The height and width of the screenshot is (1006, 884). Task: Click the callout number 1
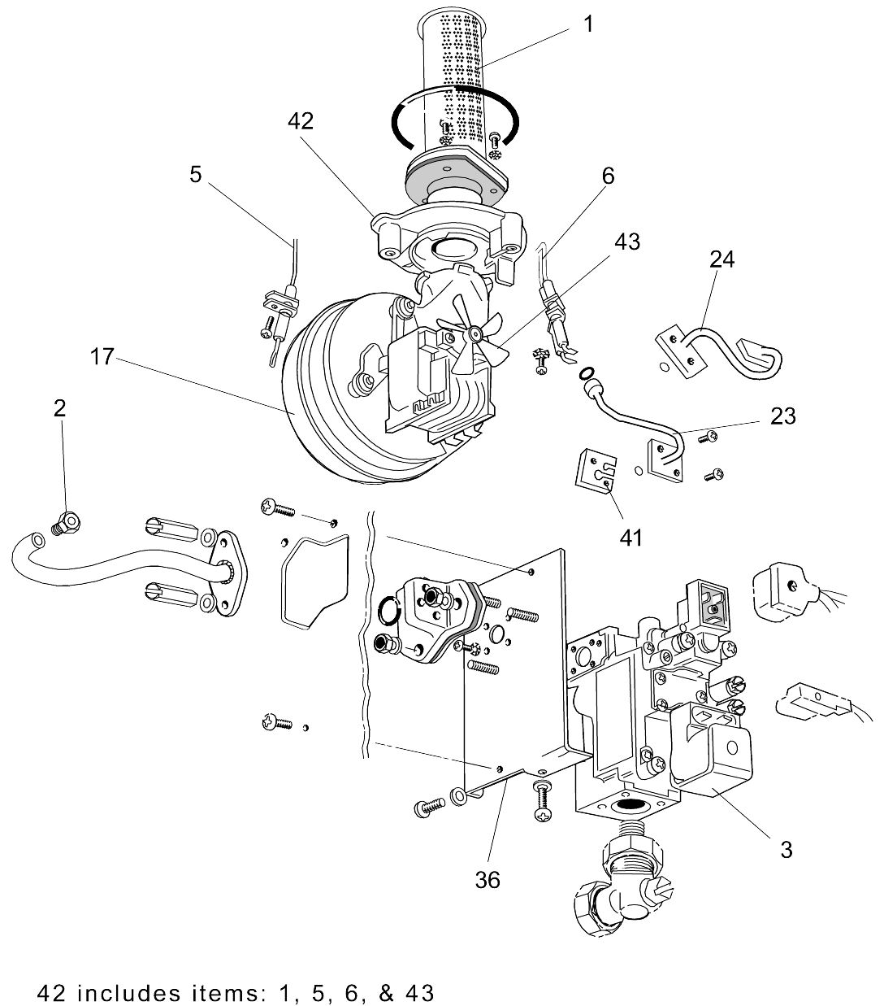(588, 24)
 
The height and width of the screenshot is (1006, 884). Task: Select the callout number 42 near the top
(300, 121)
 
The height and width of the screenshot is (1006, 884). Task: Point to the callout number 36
(489, 878)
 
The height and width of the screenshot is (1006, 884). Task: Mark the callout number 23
(783, 416)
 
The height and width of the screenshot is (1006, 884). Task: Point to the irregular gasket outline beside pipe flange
(313, 581)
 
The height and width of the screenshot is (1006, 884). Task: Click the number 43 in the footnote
(415, 993)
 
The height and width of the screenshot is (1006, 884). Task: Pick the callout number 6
(608, 176)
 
